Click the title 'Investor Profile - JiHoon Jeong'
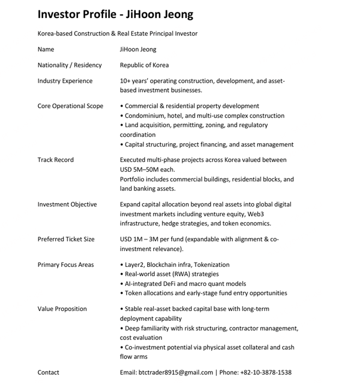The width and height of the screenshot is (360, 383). (115, 15)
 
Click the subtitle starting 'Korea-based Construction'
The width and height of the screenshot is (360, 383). (117, 34)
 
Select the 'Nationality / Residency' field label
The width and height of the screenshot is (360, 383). (69, 65)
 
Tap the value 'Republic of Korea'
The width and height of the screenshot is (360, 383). (144, 65)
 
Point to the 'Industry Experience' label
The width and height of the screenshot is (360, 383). (65, 81)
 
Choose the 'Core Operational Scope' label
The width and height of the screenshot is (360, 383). (70, 106)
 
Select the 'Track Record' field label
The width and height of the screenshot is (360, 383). (55, 160)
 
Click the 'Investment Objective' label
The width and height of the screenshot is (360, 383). (67, 205)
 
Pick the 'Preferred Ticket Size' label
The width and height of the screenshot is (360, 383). (65, 239)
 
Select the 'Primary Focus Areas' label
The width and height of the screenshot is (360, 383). (65, 265)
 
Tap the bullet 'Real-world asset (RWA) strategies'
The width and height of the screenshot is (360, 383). (171, 275)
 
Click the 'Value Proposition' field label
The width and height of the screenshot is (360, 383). (62, 309)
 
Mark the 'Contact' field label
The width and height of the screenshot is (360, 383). (48, 373)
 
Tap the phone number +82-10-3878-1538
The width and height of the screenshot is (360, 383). (266, 373)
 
